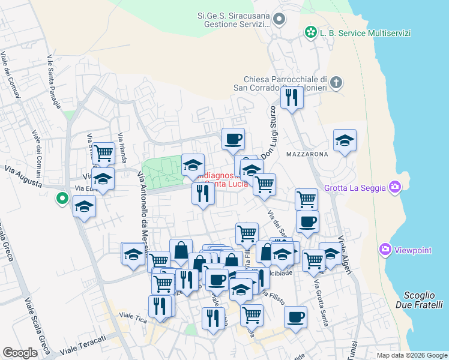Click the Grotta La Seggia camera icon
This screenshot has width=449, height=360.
(394, 187)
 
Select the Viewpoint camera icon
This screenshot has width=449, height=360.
(386, 248)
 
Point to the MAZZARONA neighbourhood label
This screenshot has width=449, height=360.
(311, 154)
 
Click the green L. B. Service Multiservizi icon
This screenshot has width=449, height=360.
(310, 31)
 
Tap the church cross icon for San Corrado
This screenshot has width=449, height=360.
(336, 82)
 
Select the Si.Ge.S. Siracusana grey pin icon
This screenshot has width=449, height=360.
(278, 20)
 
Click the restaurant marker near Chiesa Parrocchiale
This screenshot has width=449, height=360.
(292, 97)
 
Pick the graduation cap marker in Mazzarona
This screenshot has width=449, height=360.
(345, 141)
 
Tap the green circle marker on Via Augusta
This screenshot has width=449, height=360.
(61, 197)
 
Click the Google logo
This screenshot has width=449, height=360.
(20, 353)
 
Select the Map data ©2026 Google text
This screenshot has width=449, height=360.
(411, 355)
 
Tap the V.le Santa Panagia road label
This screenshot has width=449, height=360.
(53, 81)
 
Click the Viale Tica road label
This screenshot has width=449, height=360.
(133, 316)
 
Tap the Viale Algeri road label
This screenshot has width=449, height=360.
(344, 254)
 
